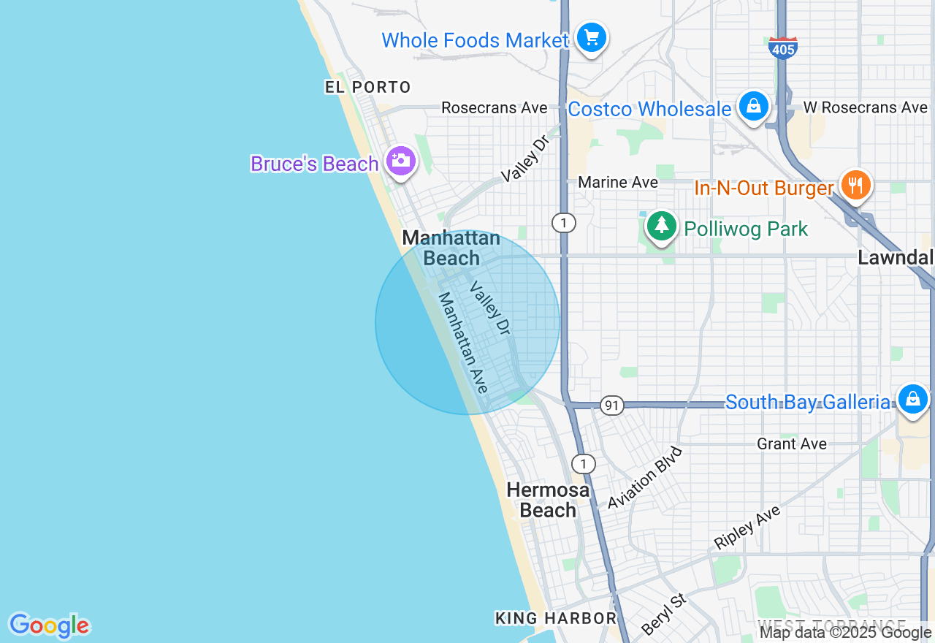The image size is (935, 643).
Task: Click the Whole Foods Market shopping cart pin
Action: (x=591, y=37)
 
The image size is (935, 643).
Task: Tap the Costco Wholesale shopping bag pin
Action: (x=753, y=107)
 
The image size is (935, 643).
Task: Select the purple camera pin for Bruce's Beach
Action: (x=400, y=161)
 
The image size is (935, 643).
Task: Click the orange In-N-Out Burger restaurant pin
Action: (x=855, y=184)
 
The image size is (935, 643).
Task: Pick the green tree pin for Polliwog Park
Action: (x=662, y=226)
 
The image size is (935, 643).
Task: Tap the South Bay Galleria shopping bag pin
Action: (x=912, y=399)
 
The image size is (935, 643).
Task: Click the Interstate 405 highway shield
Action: (x=782, y=47)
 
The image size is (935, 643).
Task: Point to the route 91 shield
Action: (x=611, y=405)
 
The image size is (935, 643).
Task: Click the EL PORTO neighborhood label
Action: (x=368, y=88)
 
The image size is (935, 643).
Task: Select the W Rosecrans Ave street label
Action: (x=865, y=107)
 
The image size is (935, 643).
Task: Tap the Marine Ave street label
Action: (x=618, y=182)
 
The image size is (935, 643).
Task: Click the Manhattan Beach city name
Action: (x=451, y=248)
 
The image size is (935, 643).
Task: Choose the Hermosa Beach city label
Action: (x=548, y=500)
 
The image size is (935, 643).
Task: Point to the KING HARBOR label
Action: (x=556, y=618)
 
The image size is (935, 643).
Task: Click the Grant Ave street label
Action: (x=792, y=444)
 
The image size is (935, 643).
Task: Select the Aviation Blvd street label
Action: (x=645, y=478)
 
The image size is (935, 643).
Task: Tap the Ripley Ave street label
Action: (x=747, y=527)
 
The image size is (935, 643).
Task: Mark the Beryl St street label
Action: (x=664, y=613)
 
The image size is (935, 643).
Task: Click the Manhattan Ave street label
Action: (x=462, y=343)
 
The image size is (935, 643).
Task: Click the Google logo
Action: (x=49, y=625)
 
